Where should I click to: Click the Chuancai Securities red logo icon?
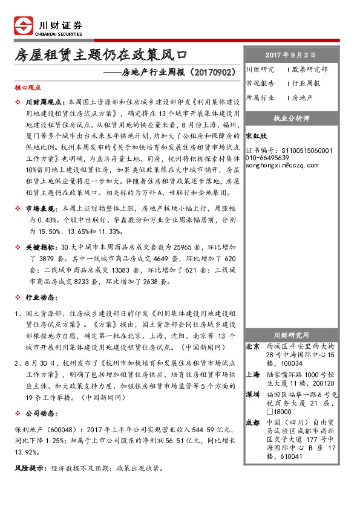pyautogui.click(x=22, y=27)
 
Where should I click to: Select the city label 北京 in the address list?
pyautogui.click(x=253, y=347)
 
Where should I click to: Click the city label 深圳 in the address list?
pyautogui.click(x=253, y=394)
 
